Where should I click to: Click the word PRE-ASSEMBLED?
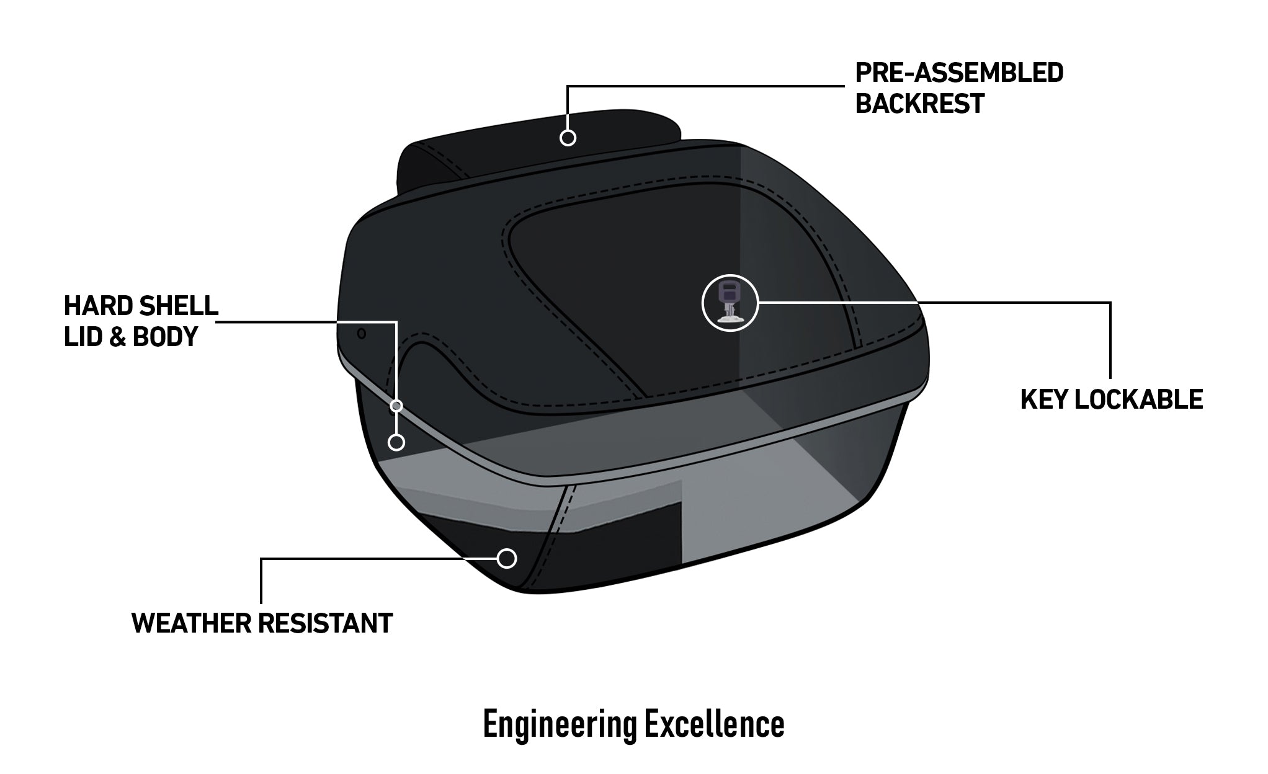tap(958, 73)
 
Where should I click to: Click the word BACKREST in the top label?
tap(919, 103)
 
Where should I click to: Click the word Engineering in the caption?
tap(560, 724)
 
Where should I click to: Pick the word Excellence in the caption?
tap(714, 724)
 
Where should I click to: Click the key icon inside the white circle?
tap(730, 303)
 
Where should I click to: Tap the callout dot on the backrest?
tap(568, 138)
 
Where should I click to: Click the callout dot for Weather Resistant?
tap(507, 558)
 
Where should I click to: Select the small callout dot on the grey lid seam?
tap(396, 406)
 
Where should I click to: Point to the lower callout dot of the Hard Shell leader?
tap(396, 442)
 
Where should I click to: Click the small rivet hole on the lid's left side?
tap(362, 334)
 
